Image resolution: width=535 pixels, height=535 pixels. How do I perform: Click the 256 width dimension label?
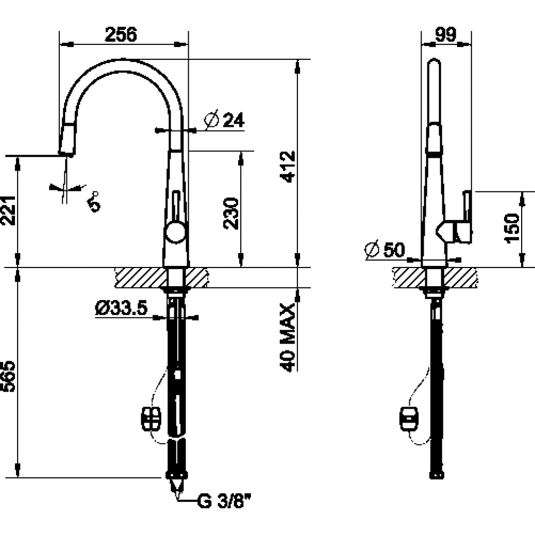[x=121, y=34]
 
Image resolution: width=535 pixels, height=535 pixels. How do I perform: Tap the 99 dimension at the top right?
[x=446, y=34]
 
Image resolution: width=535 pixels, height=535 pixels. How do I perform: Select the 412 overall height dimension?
[x=287, y=166]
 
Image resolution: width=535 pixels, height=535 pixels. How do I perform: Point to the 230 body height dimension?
[x=231, y=213]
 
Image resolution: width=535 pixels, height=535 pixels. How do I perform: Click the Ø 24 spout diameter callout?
[x=224, y=120]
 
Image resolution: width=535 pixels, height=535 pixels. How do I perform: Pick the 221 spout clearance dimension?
[x=8, y=210]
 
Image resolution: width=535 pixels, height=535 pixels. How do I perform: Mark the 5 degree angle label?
[x=94, y=202]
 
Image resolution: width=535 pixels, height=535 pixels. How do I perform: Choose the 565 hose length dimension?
[x=8, y=376]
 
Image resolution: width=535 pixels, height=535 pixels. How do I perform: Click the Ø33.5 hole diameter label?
[x=121, y=308]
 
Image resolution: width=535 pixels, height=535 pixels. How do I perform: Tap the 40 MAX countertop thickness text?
[x=287, y=337]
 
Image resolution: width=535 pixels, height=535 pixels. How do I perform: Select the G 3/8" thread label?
[x=224, y=501]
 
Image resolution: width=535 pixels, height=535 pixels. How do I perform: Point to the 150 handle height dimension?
[x=511, y=228]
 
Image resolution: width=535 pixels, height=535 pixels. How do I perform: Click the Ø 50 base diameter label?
[x=385, y=249]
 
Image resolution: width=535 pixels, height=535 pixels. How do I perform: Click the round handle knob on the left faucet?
[x=175, y=232]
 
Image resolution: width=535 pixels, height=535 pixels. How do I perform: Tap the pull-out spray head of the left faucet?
[x=67, y=140]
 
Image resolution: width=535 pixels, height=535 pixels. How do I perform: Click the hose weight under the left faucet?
[x=151, y=419]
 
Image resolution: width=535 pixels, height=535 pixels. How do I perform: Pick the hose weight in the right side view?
[x=409, y=419]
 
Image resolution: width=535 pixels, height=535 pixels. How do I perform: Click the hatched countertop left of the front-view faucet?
[x=141, y=277]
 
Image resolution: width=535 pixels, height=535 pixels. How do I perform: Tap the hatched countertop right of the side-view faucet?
[x=461, y=277]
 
